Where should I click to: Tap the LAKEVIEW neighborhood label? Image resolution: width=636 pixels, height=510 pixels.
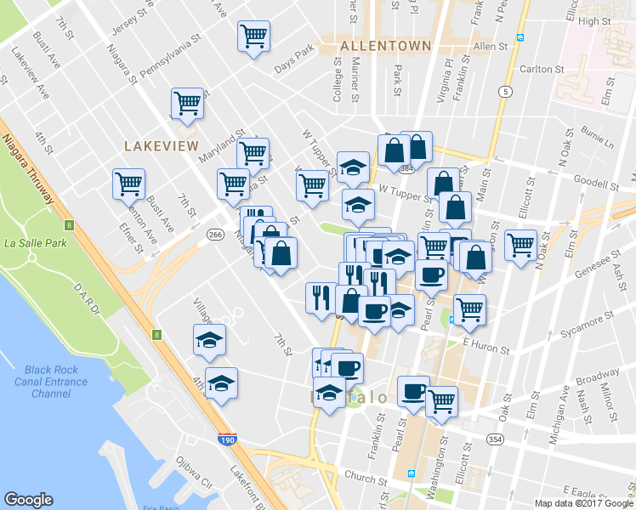161,146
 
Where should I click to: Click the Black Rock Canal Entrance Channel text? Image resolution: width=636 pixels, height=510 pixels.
56,382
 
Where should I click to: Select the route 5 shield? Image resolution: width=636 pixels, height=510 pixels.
506,92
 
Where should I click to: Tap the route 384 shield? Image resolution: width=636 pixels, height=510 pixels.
406,170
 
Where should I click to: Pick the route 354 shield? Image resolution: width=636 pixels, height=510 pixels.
494,438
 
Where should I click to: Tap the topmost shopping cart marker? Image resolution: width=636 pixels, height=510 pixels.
254,37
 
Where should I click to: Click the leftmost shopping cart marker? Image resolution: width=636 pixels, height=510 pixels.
128,183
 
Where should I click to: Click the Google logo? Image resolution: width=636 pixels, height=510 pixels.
29,501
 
